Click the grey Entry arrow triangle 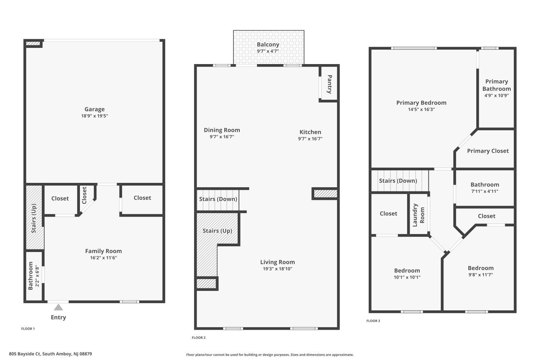pyautogui.click(x=58, y=307)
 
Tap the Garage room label pyautogui.click(x=94, y=109)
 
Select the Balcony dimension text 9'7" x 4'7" pyautogui.click(x=268, y=51)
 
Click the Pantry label pyautogui.click(x=329, y=84)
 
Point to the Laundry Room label pyautogui.click(x=418, y=215)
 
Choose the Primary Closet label pyautogui.click(x=488, y=151)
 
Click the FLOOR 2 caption pyautogui.click(x=199, y=338)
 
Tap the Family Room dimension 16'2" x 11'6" pyautogui.click(x=103, y=258)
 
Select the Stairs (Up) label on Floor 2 pyautogui.click(x=217, y=231)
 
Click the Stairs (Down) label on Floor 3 pyautogui.click(x=398, y=181)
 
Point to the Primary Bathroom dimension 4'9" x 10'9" pyautogui.click(x=496, y=95)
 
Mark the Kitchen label pyautogui.click(x=310, y=132)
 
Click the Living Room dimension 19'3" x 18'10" pyautogui.click(x=278, y=269)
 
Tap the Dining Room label pyautogui.click(x=222, y=130)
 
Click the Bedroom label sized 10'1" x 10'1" pyautogui.click(x=407, y=271)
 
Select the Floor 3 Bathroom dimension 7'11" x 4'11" pyautogui.click(x=485, y=192)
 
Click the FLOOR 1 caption pyautogui.click(x=28, y=329)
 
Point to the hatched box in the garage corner pyautogui.click(x=33, y=44)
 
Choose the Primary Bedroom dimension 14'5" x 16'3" pyautogui.click(x=422, y=109)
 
